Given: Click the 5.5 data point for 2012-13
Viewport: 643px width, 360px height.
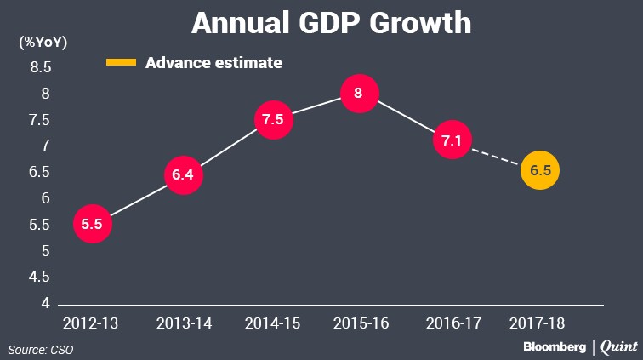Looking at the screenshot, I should (93, 224).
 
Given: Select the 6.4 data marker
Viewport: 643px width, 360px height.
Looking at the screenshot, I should (183, 175).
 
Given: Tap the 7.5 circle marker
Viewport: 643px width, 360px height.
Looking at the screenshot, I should (272, 120).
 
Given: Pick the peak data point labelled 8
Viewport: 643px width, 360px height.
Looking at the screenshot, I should (358, 93).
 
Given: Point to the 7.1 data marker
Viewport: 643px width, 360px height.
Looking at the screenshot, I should (451, 139).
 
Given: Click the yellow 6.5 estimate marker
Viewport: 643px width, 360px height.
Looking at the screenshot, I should (540, 170).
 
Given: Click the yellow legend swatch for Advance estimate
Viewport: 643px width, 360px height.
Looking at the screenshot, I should (121, 62).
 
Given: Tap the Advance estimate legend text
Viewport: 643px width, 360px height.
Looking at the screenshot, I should (213, 62).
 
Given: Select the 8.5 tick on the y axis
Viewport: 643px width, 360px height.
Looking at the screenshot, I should (41, 67).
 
